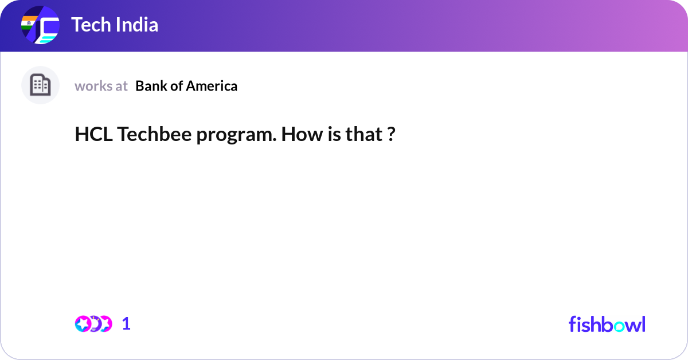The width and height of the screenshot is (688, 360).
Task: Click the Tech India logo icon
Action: click(x=40, y=26)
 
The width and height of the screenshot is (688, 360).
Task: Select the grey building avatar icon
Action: click(x=40, y=85)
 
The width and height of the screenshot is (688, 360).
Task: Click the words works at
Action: click(x=101, y=86)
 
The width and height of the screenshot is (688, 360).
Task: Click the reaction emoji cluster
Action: click(x=93, y=323)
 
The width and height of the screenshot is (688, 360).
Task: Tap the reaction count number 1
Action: click(x=126, y=323)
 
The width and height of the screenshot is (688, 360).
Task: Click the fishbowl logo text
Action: click(x=607, y=324)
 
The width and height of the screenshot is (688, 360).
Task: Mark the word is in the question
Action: click(x=331, y=135)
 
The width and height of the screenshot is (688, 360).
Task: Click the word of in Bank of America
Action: click(x=176, y=86)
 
